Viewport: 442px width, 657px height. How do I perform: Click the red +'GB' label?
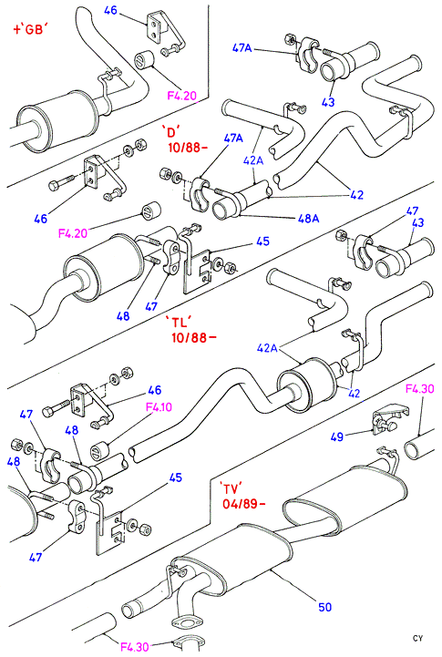pos(31,30)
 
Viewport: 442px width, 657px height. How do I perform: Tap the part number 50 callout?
pos(324,607)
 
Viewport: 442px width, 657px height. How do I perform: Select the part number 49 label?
pos(337,437)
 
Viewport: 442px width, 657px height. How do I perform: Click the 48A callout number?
pos(309,218)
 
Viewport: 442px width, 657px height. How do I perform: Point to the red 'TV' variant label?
pos(231,488)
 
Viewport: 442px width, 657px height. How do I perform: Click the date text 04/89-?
pos(244,503)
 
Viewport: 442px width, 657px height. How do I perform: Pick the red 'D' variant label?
pos(172,132)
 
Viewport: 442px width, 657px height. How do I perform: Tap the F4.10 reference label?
pos(159,406)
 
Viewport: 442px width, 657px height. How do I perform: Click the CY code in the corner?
pos(417,638)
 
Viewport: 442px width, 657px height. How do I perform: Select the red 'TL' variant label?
pos(180,323)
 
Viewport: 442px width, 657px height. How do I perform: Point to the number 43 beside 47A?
pos(328,101)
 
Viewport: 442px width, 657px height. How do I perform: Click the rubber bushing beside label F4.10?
pos(99,449)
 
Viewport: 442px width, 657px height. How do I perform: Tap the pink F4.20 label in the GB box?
pos(182,96)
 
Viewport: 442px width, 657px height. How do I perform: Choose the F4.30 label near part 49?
pos(420,389)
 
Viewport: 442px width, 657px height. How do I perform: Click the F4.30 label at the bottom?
pos(135,647)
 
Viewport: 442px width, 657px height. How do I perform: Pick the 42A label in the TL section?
pos(268,348)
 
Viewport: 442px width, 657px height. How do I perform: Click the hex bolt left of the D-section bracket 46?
pos(62,183)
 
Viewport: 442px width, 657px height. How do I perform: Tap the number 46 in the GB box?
pos(110,10)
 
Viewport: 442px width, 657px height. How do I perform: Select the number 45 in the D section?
pos(262,241)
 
